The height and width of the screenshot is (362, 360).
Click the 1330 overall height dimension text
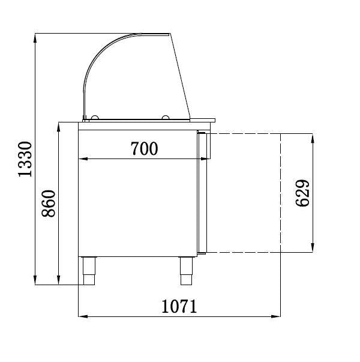[24, 160]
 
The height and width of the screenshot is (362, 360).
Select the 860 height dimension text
[50, 204]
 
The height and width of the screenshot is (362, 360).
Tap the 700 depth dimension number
[144, 148]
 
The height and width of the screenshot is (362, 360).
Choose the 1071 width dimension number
[179, 306]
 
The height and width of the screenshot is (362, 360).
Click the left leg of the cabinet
[88, 271]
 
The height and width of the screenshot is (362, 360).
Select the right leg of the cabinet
[186, 271]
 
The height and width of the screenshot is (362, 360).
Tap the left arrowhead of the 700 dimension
[83, 159]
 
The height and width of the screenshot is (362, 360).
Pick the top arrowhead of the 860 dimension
[59, 127]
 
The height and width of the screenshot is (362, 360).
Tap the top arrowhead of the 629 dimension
[312, 137]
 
